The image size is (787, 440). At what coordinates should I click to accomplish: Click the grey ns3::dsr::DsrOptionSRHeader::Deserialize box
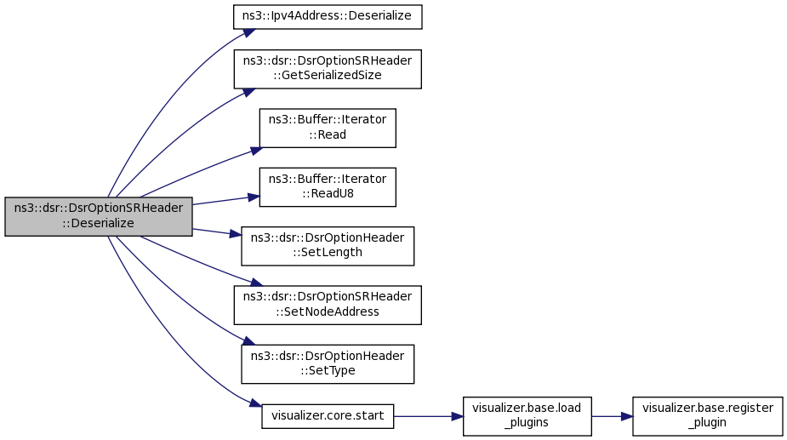(99, 216)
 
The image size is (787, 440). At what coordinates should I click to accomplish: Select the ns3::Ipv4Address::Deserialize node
(328, 16)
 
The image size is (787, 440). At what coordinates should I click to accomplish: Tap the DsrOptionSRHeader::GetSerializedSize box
(328, 69)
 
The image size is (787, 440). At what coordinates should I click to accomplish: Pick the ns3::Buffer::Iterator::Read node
(328, 128)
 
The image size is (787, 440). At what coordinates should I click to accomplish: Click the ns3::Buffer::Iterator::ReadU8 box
(328, 187)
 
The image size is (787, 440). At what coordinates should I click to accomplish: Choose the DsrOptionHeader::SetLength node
(328, 246)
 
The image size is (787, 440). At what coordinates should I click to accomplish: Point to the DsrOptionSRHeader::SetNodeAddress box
(328, 305)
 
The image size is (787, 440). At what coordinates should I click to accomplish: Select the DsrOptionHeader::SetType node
(328, 364)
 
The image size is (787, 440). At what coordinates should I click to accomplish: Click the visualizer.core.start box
(328, 416)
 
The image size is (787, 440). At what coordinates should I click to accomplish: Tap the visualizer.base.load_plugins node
(527, 416)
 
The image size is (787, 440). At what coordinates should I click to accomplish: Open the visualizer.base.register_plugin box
(707, 416)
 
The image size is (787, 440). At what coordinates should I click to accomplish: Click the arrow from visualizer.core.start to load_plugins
(428, 416)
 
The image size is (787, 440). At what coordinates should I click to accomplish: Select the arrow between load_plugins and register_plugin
(612, 416)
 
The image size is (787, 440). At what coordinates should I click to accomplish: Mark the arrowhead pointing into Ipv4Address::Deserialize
(250, 32)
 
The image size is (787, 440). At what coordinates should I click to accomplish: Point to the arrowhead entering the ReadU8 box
(254, 198)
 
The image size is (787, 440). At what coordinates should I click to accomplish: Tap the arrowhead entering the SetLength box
(236, 234)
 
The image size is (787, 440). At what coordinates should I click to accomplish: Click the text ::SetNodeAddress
(328, 312)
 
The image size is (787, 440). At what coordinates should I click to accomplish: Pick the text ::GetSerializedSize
(328, 76)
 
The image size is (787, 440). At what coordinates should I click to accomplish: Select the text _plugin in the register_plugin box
(707, 423)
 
